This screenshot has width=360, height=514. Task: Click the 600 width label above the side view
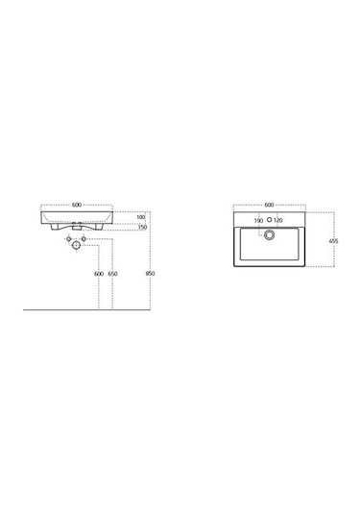click(x=76, y=205)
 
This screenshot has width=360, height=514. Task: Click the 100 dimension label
click(x=140, y=217)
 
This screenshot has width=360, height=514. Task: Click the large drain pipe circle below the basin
click(x=76, y=246)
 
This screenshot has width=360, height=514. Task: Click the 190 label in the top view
click(x=258, y=222)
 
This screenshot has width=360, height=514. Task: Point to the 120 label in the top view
click(x=279, y=222)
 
